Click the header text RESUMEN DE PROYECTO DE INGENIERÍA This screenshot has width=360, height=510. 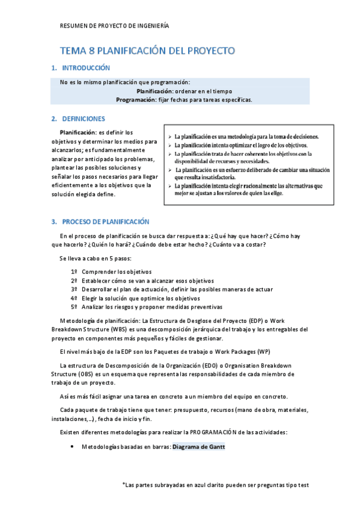(115, 26)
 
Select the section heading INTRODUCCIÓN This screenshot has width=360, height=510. (86, 68)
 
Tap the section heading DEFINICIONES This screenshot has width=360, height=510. (84, 119)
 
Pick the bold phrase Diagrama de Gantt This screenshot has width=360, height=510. (199, 447)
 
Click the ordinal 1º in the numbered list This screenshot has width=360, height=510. (75, 272)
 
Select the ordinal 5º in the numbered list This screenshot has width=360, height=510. (75, 306)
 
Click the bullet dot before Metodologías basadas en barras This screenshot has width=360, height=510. (72, 447)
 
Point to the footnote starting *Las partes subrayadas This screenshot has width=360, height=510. (215, 484)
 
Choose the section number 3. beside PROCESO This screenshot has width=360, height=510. (54, 222)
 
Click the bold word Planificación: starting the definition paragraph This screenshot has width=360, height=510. (77, 132)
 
